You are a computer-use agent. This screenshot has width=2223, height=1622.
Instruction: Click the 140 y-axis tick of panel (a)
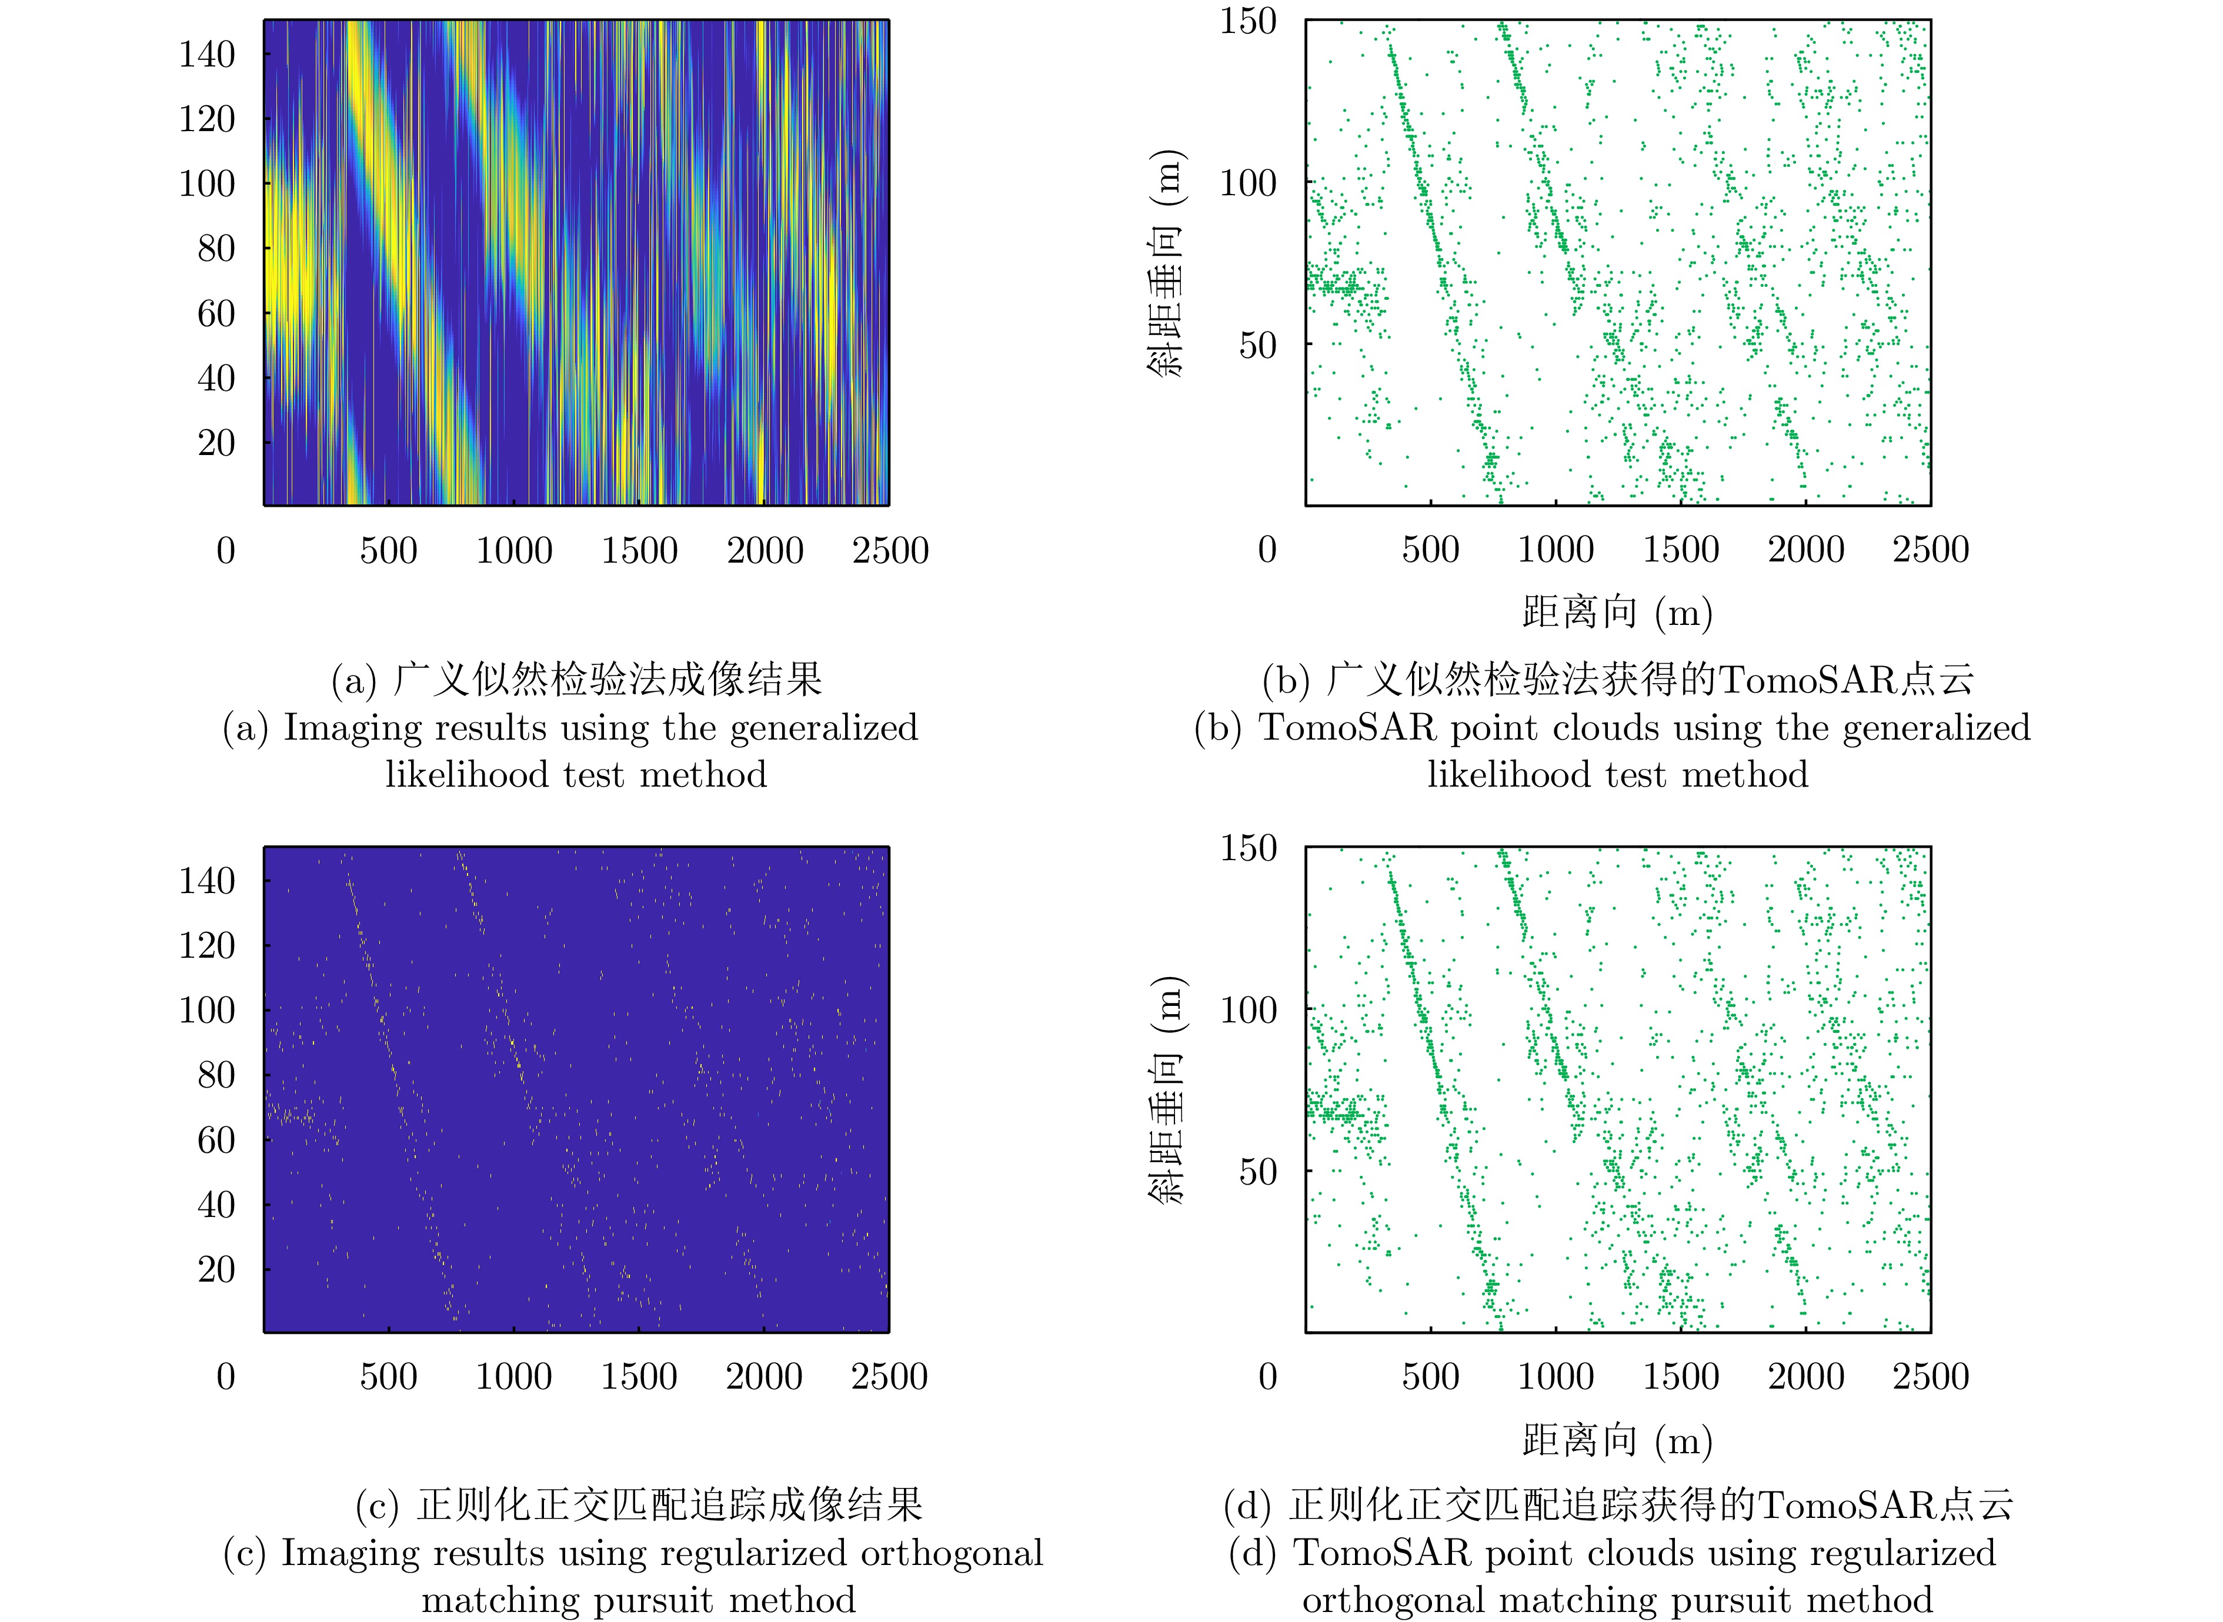coord(206,54)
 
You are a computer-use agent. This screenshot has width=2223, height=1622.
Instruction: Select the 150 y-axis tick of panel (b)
coord(1248,22)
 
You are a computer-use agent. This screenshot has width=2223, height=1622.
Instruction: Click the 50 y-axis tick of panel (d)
coord(1258,1171)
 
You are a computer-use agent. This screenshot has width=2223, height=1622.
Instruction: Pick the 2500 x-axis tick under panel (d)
coord(1930,1376)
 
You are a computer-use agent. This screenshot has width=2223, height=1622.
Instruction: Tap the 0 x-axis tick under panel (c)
coord(226,1376)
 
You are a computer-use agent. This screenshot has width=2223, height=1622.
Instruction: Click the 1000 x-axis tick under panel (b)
coord(1556,550)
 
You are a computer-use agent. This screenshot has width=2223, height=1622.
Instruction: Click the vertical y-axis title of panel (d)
coord(1166,1090)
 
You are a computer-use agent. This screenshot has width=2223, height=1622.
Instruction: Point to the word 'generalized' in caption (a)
coord(824,728)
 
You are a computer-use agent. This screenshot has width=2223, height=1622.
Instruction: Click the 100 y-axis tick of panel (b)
coord(1248,183)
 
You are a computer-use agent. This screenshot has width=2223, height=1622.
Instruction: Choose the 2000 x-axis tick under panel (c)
coord(764,1376)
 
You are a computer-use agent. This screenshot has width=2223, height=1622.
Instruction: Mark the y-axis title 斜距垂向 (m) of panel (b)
coord(1166,263)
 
